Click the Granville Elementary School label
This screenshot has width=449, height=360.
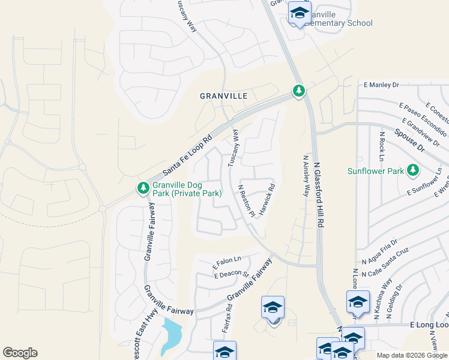point(340,19)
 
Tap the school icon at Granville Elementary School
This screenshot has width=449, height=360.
point(299,12)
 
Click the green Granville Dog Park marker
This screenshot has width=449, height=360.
point(143,188)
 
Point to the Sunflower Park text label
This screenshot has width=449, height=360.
point(376,171)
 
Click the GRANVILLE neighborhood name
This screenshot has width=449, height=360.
point(224,96)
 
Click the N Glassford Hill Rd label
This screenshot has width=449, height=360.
point(320,190)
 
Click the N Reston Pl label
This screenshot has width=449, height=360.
point(247,200)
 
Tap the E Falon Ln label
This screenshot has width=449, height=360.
point(227,262)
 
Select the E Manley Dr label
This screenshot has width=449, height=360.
point(381,85)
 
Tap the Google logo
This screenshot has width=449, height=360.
point(20,353)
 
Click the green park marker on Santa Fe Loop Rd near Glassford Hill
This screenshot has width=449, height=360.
point(298,91)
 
